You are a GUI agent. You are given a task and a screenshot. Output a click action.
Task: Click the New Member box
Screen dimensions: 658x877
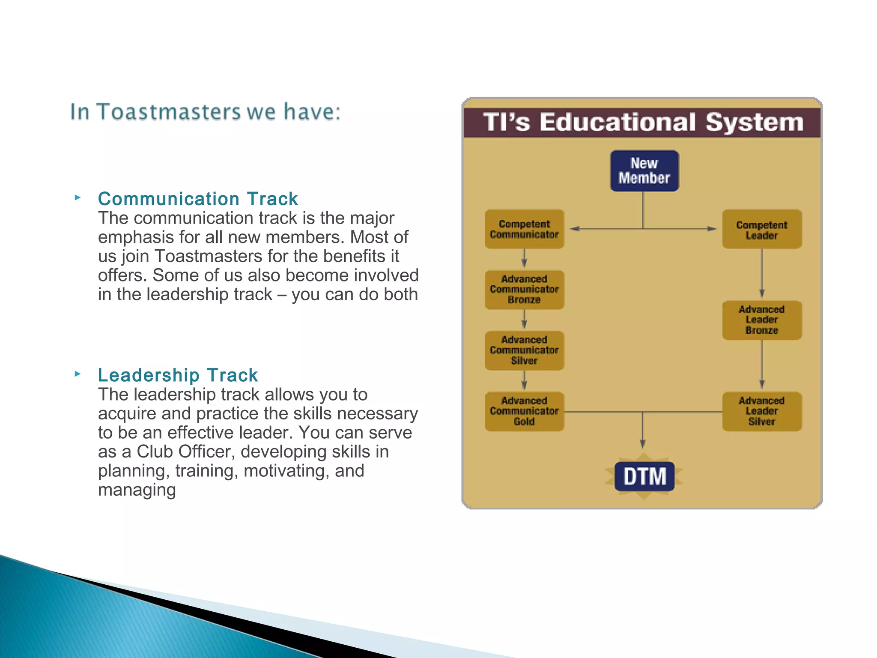tap(644, 170)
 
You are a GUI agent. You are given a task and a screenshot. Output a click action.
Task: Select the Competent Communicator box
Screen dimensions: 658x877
tap(524, 229)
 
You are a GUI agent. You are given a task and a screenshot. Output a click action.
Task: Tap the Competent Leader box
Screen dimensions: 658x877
tap(761, 230)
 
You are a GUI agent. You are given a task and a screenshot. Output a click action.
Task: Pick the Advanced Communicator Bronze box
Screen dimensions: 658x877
tap(524, 290)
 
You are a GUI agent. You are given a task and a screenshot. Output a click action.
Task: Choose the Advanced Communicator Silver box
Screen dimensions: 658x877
tap(524, 350)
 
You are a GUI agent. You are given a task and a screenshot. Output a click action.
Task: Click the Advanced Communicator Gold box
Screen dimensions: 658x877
tap(524, 411)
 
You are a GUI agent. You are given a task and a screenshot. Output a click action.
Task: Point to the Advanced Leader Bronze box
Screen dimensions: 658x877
tap(761, 320)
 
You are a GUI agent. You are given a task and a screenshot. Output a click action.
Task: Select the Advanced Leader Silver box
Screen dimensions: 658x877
tap(761, 411)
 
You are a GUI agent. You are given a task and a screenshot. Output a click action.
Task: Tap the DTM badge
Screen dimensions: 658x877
tap(644, 476)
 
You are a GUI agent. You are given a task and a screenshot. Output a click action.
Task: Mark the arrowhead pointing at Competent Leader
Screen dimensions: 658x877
tap(711, 229)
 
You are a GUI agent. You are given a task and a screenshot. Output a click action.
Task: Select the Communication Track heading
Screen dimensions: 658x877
tap(197, 199)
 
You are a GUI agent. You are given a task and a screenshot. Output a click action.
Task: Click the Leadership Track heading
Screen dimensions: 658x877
tap(178, 375)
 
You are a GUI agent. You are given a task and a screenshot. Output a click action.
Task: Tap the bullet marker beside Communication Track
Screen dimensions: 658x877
tap(78, 197)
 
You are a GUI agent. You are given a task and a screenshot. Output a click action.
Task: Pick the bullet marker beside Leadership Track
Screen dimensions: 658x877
tap(78, 374)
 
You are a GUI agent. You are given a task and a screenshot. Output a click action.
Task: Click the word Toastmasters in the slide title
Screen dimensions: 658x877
tap(169, 112)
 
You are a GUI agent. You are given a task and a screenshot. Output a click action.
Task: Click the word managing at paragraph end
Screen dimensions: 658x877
tap(137, 490)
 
